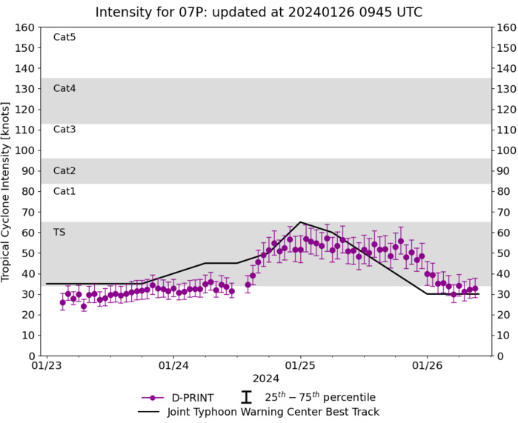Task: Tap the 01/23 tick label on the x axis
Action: (46, 366)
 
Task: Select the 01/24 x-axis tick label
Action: (173, 366)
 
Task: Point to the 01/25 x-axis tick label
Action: (300, 366)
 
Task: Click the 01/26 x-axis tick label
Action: (428, 366)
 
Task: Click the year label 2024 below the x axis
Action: (266, 379)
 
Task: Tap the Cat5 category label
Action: (64, 37)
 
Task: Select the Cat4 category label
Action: (64, 88)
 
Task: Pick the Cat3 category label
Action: (64, 129)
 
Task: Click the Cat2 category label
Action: (64, 170)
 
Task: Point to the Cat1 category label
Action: (64, 191)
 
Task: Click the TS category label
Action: (59, 232)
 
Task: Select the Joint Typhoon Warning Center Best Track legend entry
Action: (274, 412)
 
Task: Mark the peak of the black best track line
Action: (300, 222)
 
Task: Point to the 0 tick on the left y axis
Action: (32, 356)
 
